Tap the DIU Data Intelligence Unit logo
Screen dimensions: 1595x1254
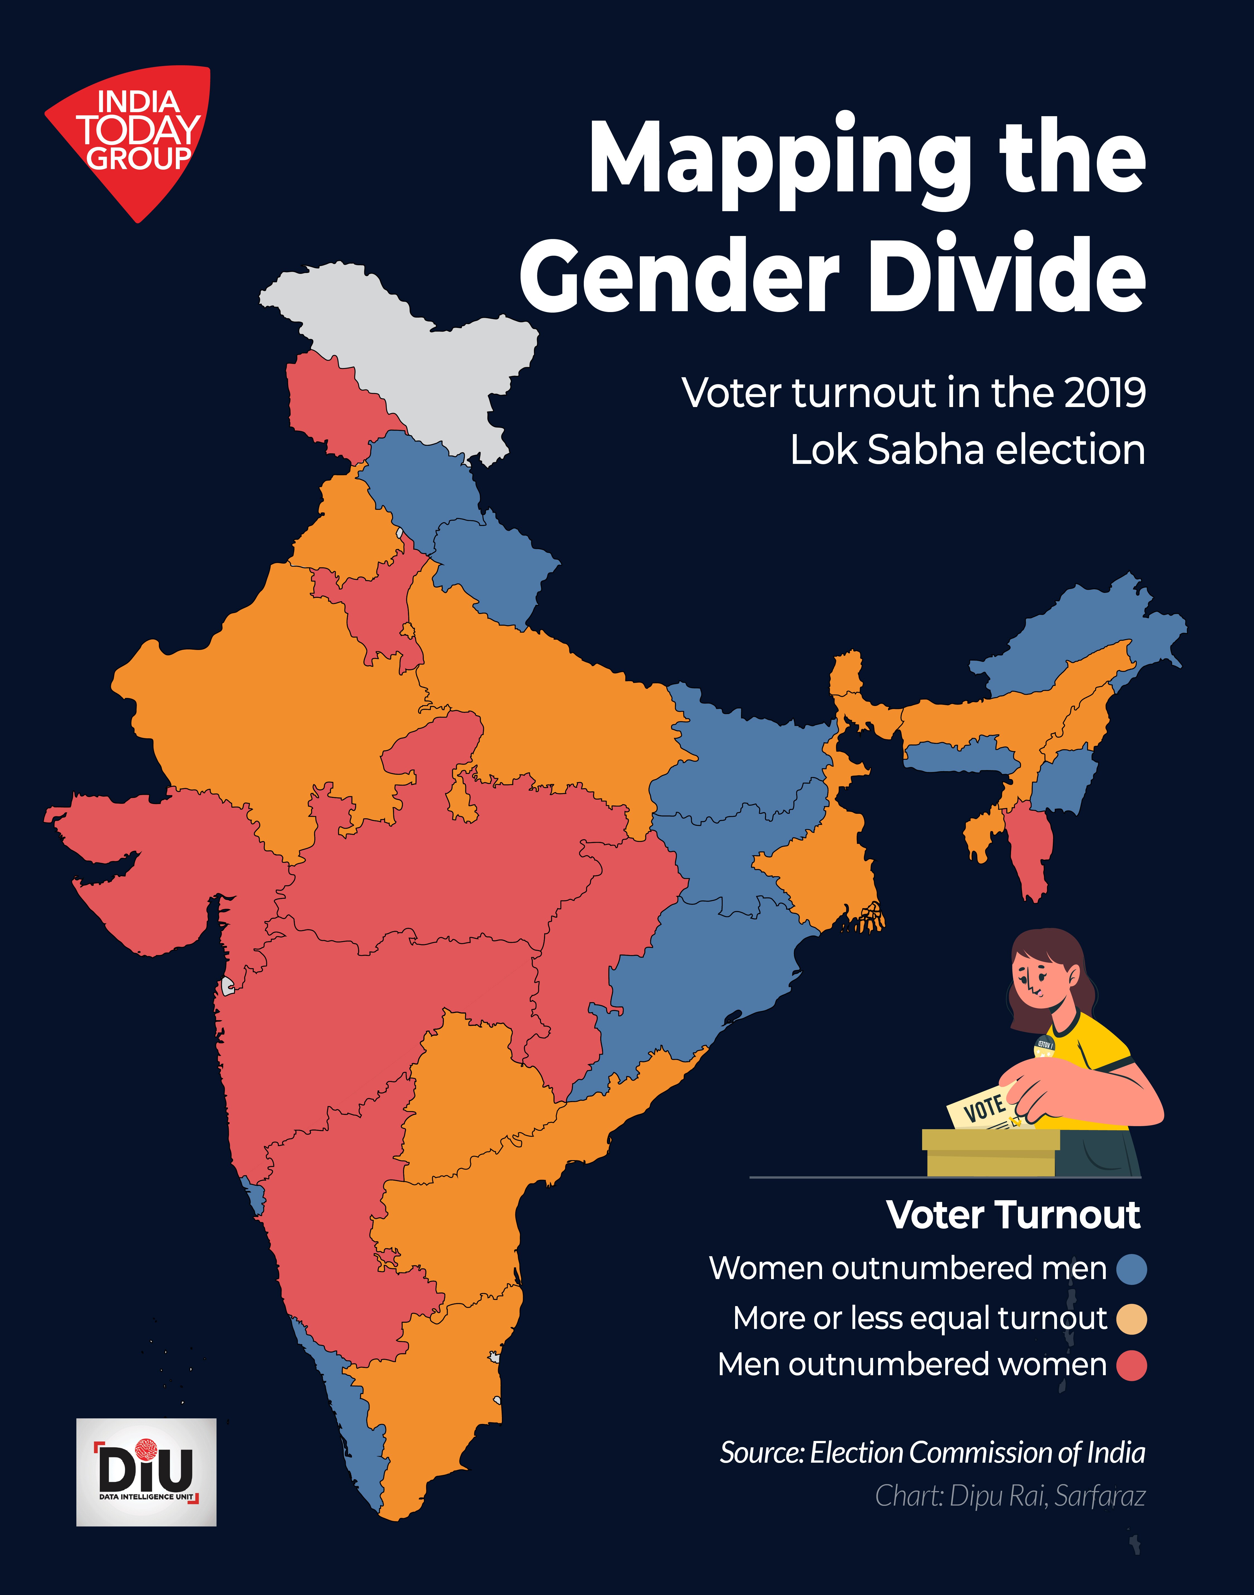coord(146,1472)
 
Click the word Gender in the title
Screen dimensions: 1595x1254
coord(679,275)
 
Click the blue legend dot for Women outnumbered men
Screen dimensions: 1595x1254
coord(1131,1268)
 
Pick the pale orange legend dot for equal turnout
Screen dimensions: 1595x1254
coord(1131,1318)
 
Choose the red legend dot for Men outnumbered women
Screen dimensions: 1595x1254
coord(1131,1365)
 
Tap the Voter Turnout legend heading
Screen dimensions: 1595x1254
coord(1013,1215)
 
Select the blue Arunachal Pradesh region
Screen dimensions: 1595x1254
coord(1079,631)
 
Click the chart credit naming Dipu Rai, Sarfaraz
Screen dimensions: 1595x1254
coord(1010,1495)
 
